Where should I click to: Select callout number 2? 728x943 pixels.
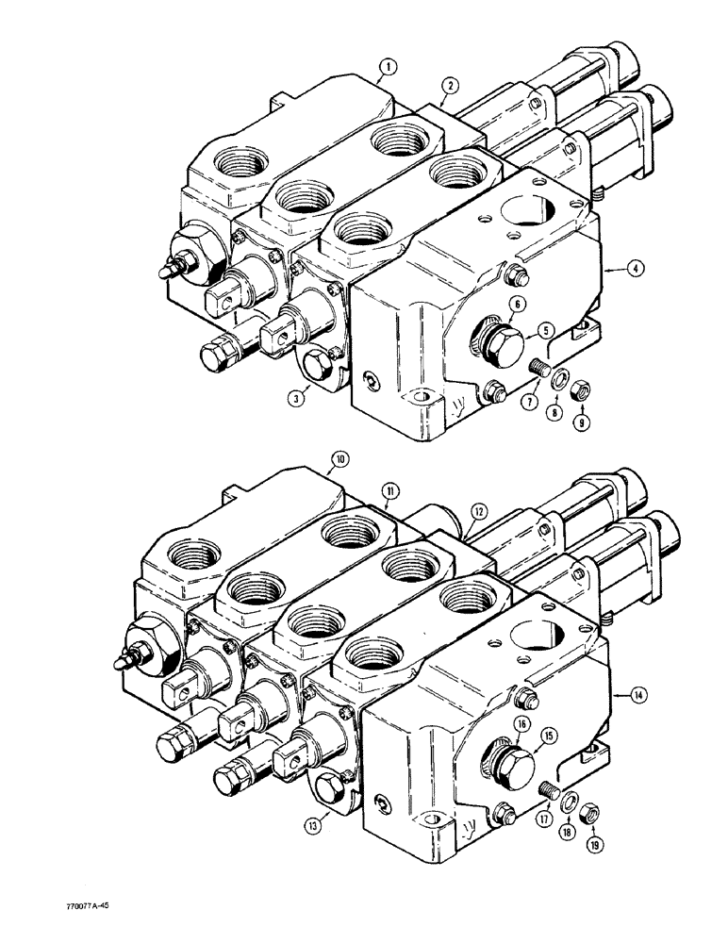pos(452,86)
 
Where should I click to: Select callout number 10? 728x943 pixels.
pos(339,461)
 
